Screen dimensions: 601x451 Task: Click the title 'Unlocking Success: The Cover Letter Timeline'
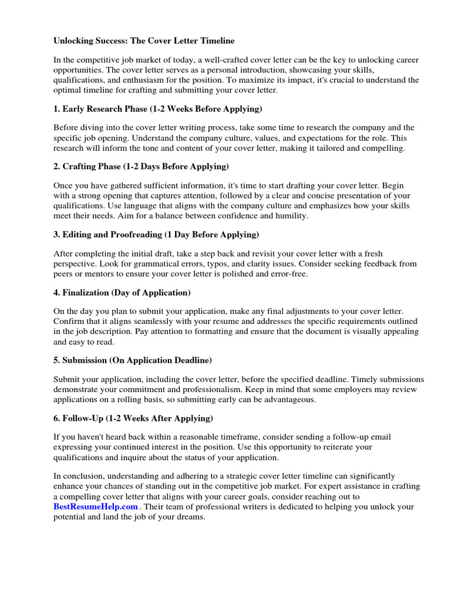click(144, 41)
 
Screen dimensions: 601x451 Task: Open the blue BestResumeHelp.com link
click(96, 507)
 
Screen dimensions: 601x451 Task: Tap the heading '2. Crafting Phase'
click(142, 166)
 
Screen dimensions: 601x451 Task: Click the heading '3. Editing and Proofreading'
click(156, 234)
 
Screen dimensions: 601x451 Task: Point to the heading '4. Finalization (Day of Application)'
click(122, 292)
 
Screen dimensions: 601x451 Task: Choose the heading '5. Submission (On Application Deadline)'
click(141, 360)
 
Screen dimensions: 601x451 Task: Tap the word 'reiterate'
click(334, 447)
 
